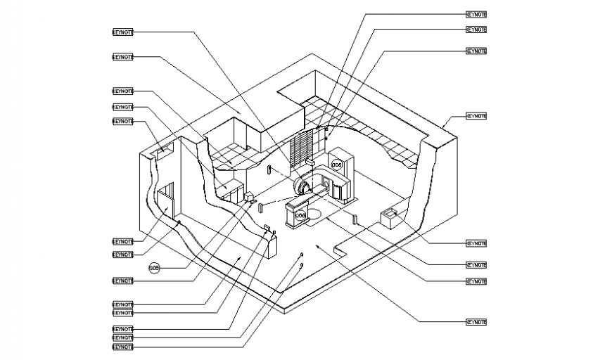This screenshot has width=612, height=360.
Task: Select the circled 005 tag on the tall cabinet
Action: [x=336, y=165]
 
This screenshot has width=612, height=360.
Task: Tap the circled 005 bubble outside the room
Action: [x=155, y=267]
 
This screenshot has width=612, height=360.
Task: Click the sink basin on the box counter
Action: [x=389, y=212]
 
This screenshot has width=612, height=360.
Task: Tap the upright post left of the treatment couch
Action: [x=260, y=208]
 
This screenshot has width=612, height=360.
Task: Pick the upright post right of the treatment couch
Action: [x=356, y=219]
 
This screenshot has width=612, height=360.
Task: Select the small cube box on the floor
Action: [x=250, y=197]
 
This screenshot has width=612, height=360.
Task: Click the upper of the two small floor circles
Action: [x=302, y=254]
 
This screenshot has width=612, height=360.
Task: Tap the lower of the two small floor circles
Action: [x=301, y=265]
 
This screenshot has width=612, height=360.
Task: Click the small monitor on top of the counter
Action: [x=267, y=227]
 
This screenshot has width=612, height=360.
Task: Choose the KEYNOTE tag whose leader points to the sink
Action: [x=476, y=243]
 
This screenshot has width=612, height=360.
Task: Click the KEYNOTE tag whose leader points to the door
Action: [x=122, y=241]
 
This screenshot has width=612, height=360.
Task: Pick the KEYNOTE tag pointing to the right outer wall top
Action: [x=476, y=116]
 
